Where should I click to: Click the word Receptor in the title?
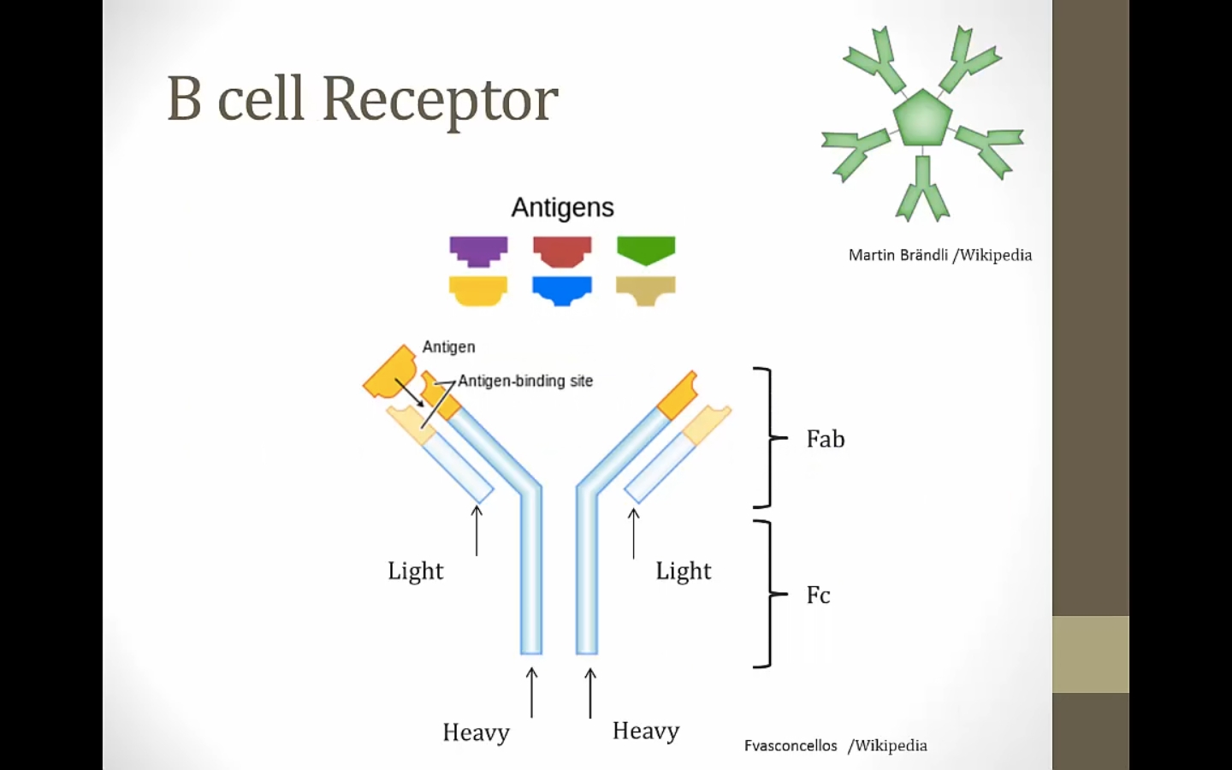(x=440, y=99)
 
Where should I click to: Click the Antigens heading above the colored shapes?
(x=562, y=208)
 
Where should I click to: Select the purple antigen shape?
(x=478, y=251)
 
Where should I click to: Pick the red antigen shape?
(x=562, y=251)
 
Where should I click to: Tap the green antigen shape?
(x=646, y=250)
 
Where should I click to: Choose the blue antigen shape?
(x=562, y=290)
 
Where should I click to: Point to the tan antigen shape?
(x=646, y=290)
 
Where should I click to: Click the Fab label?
(x=826, y=439)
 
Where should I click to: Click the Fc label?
(x=818, y=595)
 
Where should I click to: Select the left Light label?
(x=416, y=571)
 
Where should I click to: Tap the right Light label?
(x=684, y=571)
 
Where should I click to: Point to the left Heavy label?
(x=476, y=732)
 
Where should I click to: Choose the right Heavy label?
(x=646, y=731)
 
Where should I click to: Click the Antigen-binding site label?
(x=525, y=381)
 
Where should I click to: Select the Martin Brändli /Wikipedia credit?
(x=939, y=255)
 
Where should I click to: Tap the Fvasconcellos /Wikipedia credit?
(x=835, y=745)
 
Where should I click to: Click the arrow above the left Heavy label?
(x=532, y=692)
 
